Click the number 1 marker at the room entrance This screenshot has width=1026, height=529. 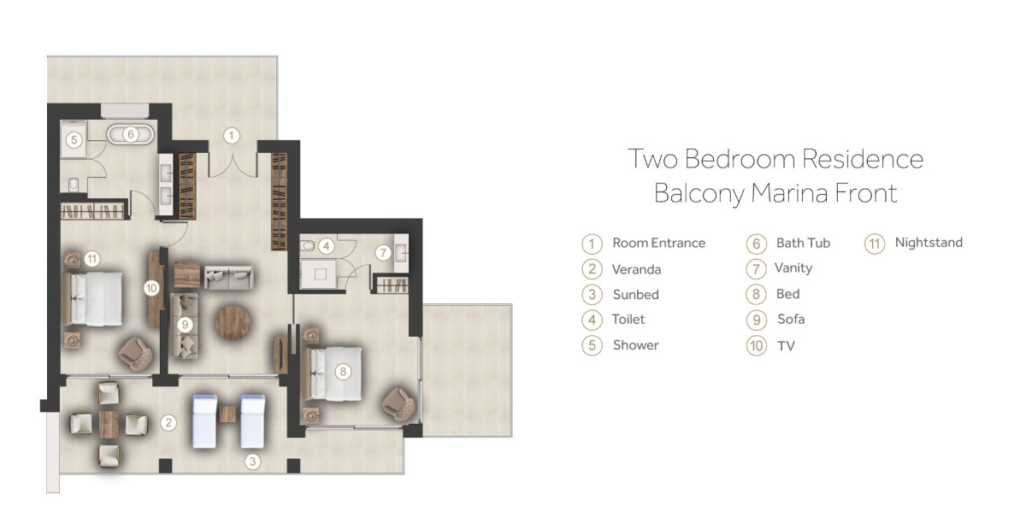232,136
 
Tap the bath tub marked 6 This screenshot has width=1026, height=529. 131,134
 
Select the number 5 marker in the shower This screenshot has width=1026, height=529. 74,140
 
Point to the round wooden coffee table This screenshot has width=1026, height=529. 233,323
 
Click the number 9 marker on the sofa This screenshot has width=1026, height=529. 185,325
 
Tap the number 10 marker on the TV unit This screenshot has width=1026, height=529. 151,288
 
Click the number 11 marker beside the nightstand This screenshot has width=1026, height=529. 92,259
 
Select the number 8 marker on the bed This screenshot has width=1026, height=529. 343,372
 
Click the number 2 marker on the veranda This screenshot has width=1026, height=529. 168,422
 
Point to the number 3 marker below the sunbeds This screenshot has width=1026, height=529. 252,461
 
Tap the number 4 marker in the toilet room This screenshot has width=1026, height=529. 326,246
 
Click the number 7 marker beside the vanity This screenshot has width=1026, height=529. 383,252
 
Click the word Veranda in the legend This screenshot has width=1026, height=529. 636,269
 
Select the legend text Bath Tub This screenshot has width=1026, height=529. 803,243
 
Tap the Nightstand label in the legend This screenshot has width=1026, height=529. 929,243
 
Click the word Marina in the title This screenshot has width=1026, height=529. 790,193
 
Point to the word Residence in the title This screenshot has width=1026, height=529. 863,159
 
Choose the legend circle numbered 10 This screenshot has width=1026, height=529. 756,345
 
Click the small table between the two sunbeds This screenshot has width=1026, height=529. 227,414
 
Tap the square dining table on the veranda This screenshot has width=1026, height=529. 109,424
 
